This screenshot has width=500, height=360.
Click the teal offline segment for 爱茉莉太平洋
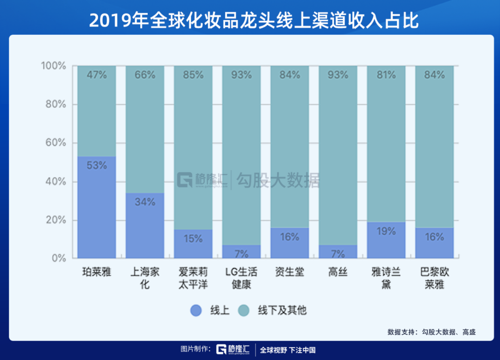193,148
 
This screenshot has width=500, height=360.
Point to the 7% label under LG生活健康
241,253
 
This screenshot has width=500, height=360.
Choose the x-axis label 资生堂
289,272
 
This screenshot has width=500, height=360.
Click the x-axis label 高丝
337,272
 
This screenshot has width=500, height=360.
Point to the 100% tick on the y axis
54,66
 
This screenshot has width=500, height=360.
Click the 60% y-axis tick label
56,143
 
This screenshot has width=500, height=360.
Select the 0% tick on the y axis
59,258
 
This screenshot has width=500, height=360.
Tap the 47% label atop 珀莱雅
97,74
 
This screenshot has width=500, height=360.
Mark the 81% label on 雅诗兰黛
386,74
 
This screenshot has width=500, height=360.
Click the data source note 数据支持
431,332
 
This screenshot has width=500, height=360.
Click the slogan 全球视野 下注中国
287,350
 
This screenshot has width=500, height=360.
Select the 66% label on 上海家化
145,74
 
